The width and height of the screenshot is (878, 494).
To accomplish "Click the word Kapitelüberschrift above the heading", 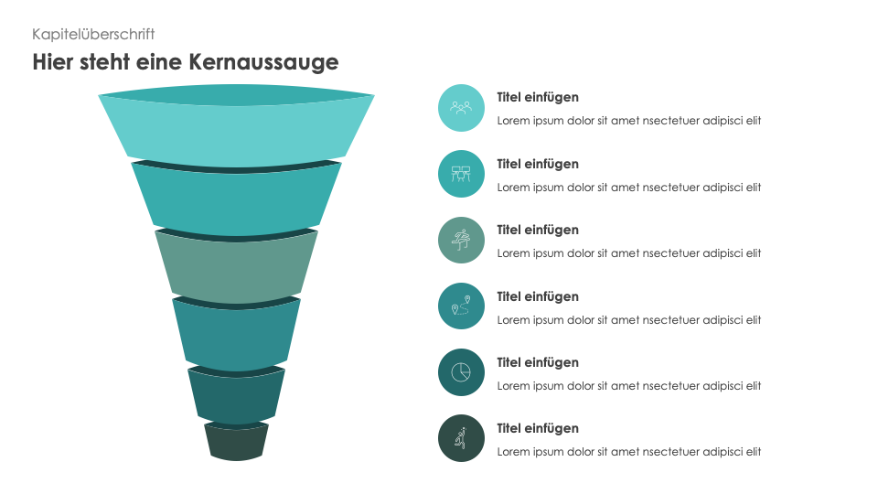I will (93, 34).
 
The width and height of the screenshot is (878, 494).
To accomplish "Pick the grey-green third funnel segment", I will (236, 270).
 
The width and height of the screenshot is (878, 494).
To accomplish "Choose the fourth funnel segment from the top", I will (236, 335).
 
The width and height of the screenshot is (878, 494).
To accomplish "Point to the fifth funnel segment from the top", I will (236, 395).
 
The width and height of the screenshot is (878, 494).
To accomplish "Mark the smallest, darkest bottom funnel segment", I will (236, 443).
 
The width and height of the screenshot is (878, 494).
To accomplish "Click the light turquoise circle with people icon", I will (461, 108).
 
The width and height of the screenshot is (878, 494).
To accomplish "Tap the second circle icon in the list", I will (461, 174).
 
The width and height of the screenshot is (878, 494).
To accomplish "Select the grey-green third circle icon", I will (461, 241).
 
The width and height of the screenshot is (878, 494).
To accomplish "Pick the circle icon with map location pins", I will (461, 306).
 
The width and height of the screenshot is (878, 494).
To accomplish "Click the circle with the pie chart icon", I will (461, 372).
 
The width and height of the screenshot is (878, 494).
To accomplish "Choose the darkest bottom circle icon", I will (461, 438).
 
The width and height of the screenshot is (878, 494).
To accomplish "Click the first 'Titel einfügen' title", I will (538, 97).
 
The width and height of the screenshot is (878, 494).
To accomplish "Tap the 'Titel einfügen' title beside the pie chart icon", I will (538, 362).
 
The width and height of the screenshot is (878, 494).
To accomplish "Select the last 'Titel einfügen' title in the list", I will (538, 428).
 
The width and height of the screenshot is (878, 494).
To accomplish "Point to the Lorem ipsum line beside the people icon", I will (629, 121).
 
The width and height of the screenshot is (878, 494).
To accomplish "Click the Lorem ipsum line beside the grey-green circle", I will (629, 253).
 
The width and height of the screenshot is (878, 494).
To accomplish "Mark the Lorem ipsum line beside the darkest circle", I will (629, 452).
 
